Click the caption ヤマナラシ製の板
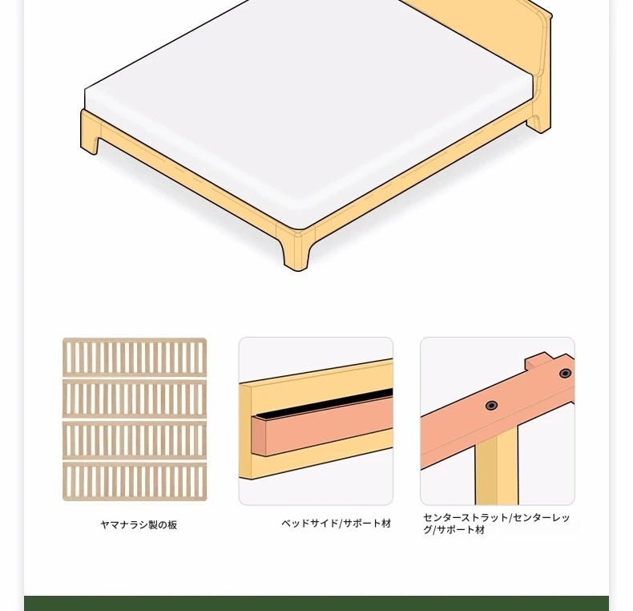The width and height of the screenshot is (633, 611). click(139, 525)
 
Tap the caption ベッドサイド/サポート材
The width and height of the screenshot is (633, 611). click(337, 524)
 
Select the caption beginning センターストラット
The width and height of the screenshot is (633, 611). click(497, 524)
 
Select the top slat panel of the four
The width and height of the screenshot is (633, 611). click(135, 358)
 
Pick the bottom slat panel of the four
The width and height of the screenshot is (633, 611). click(135, 482)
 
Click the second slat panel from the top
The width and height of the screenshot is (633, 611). click(135, 399)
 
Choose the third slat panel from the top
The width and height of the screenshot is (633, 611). click(135, 440)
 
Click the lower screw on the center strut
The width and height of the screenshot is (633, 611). click(491, 405)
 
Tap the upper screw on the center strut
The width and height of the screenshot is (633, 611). click(565, 373)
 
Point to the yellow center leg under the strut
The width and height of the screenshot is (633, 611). click(497, 469)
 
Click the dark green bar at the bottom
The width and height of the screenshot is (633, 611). click(316, 603)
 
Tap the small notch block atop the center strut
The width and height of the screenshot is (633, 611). click(539, 361)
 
